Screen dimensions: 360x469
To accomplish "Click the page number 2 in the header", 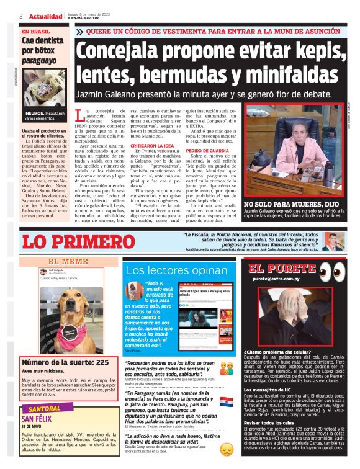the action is click(21, 16).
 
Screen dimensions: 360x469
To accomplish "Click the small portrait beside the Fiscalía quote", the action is click(331, 241).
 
